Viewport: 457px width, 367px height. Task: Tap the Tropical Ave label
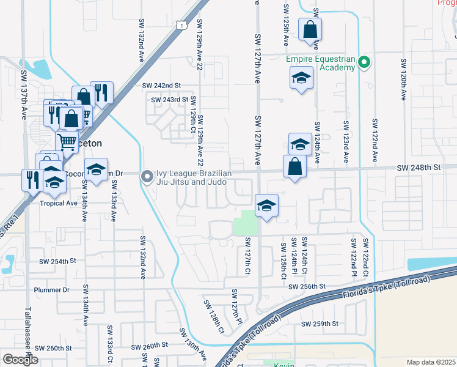(x=59, y=202)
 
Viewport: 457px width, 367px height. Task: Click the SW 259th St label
(x=320, y=324)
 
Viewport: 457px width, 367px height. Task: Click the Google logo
(x=20, y=360)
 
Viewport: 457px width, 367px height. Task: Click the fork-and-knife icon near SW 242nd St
(x=102, y=92)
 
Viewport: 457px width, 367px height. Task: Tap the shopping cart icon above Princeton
(x=67, y=142)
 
